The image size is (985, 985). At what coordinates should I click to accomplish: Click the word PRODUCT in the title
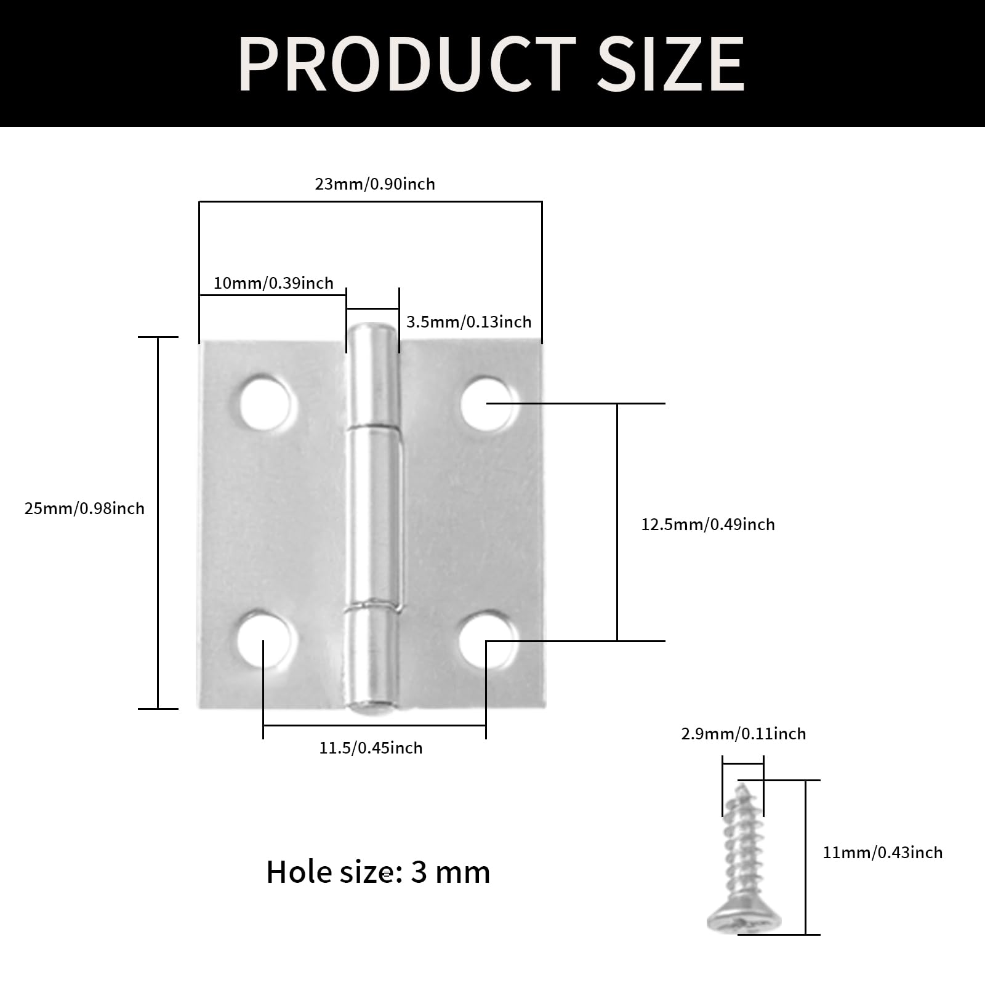(406, 64)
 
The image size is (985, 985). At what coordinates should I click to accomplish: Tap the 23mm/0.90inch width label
(375, 184)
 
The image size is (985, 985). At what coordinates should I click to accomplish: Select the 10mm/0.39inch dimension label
(273, 283)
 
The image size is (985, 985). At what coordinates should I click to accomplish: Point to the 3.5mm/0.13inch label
(468, 322)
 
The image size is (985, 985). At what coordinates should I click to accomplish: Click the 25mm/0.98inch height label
(84, 509)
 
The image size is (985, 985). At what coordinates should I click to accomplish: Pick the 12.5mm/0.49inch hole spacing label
(708, 525)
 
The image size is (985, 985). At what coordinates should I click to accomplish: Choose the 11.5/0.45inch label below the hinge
(371, 748)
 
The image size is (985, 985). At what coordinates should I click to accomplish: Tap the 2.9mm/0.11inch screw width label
(743, 734)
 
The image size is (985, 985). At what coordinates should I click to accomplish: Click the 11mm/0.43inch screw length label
(882, 853)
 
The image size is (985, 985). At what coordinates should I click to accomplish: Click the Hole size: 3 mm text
(378, 872)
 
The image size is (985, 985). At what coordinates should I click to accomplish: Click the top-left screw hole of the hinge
(265, 404)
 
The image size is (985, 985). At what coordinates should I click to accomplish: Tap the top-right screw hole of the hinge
(487, 404)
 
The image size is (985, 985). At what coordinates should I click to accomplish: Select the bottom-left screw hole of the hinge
(263, 640)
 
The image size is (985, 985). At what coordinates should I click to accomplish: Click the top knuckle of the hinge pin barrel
(372, 376)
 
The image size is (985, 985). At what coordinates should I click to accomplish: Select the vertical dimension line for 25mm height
(158, 523)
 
